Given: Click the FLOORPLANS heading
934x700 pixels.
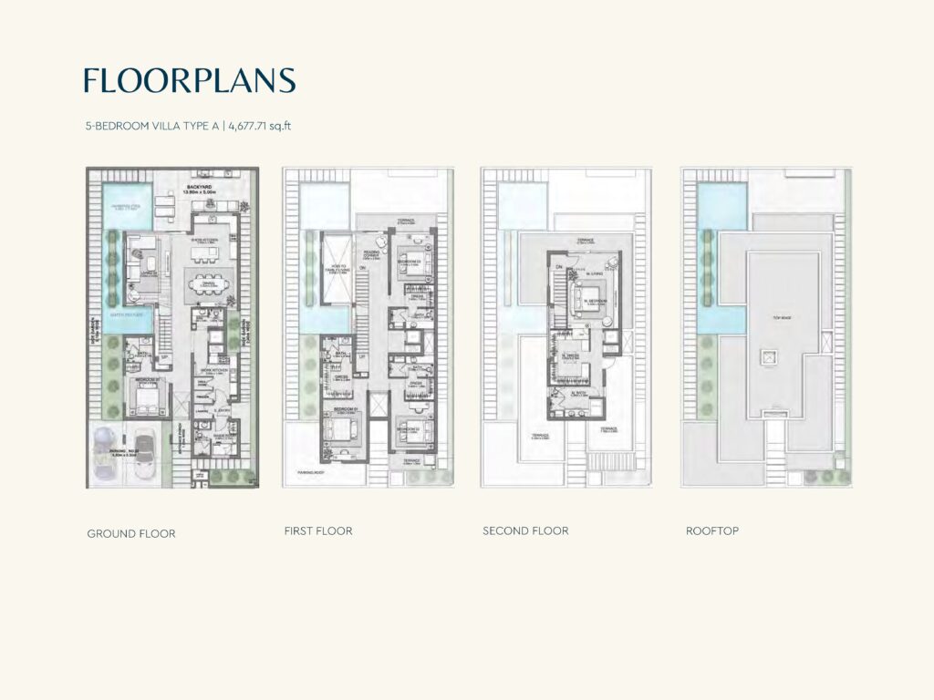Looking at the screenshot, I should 190,81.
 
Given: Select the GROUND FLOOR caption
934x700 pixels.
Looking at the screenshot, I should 131,533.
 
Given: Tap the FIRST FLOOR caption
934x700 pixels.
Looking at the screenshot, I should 318,530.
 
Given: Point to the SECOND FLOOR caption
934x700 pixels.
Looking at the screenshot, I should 525,530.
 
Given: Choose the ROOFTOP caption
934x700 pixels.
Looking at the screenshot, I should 712,530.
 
